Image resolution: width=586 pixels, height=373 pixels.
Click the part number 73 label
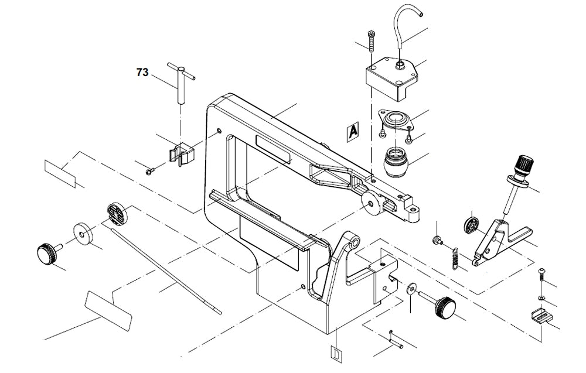[142, 73]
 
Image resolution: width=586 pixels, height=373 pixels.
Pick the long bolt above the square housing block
[371, 40]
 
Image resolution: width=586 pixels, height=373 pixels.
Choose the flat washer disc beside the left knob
[83, 232]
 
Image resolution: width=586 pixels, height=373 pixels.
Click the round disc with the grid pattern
[117, 214]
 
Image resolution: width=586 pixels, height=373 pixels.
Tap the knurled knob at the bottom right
[445, 306]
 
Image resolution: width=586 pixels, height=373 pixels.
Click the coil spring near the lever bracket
[454, 258]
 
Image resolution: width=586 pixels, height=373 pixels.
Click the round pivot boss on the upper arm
[370, 201]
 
